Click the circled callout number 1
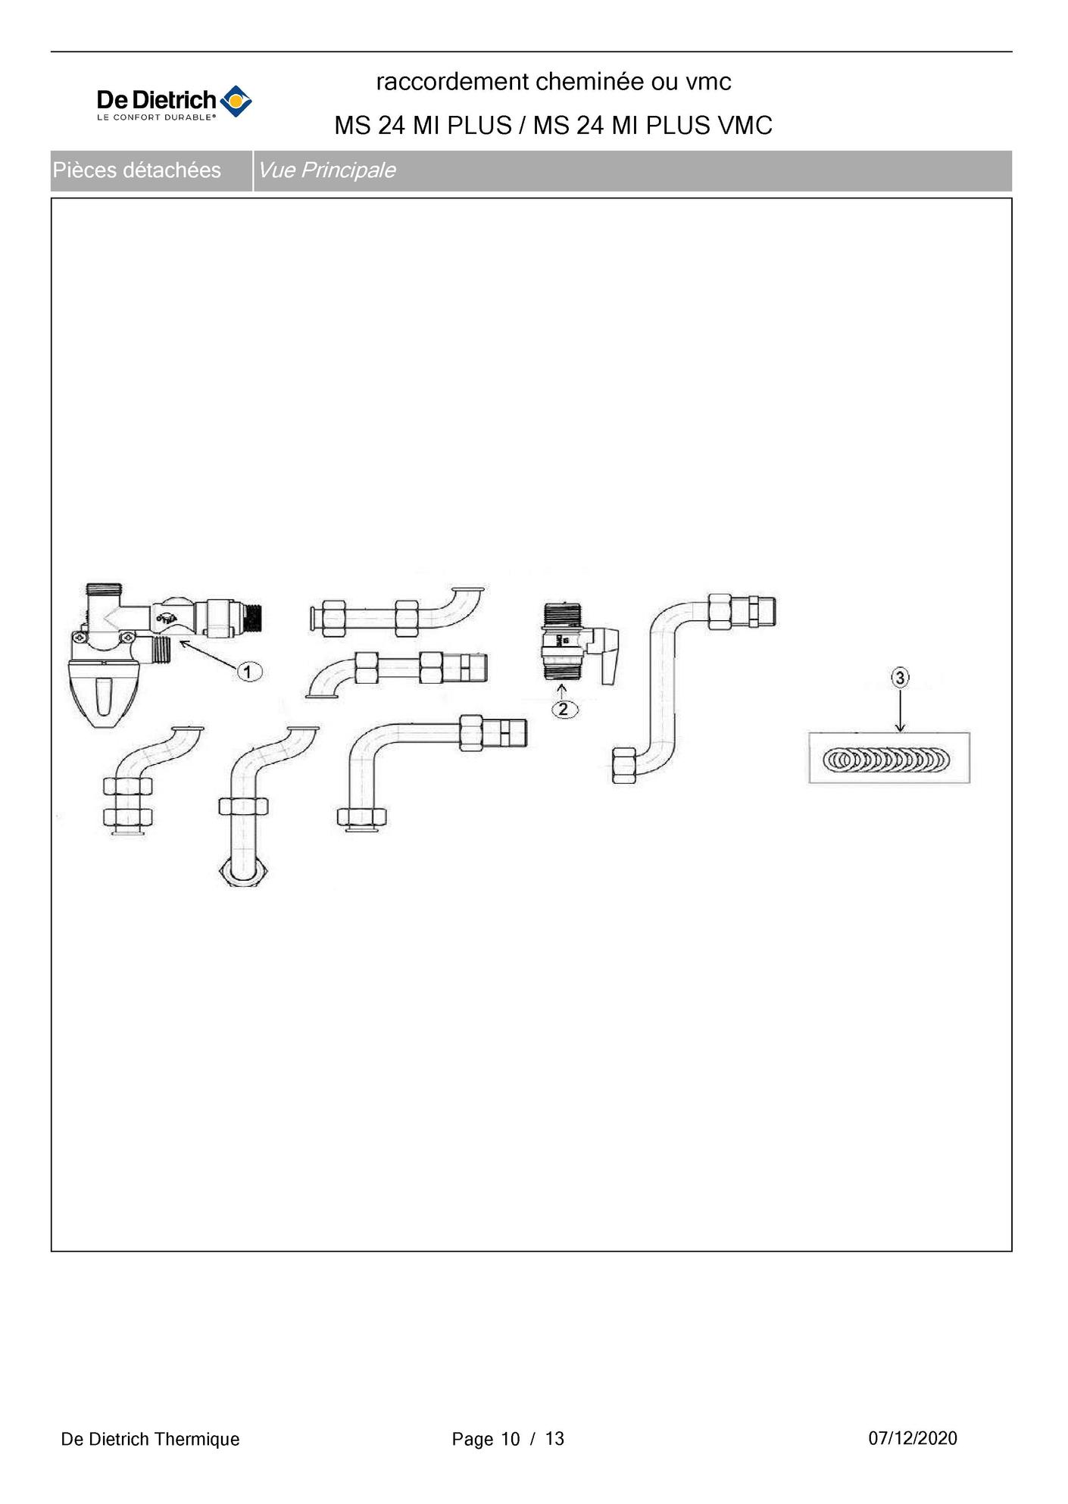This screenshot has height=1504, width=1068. pos(249,671)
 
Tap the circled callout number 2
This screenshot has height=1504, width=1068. pos(564,710)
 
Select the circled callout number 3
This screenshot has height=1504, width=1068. pos(900,677)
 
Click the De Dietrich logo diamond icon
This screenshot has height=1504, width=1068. pos(236,101)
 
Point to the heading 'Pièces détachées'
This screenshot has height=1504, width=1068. pos(136,170)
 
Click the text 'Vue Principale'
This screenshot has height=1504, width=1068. pos(326,170)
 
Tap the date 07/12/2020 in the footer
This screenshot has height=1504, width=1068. pos(912,1437)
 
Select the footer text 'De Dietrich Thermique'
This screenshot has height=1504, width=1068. pos(150,1439)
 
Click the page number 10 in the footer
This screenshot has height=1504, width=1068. pos(511,1439)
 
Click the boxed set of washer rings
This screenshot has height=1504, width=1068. pos(888,758)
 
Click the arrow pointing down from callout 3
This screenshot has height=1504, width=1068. pos(900,710)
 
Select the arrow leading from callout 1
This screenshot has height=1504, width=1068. pos(208,654)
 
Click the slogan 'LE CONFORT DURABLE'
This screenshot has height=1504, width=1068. pos(155,117)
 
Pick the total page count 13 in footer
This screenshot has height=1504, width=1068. pos(554,1439)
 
